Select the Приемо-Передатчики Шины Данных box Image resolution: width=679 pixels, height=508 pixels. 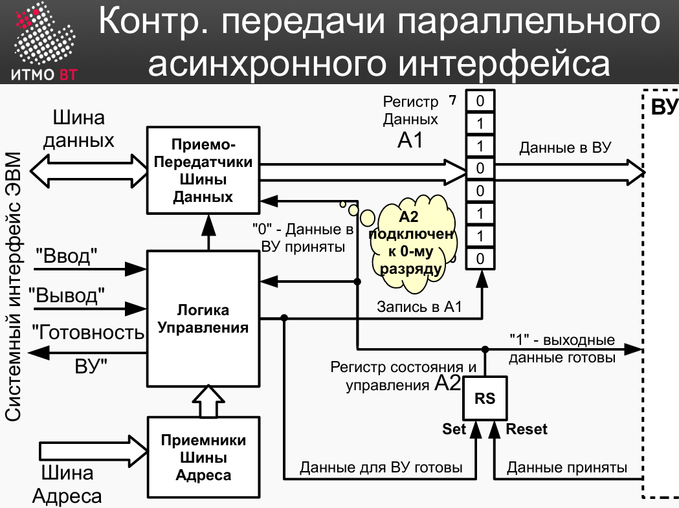[203, 170]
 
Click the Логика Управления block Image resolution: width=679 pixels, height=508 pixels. [203, 318]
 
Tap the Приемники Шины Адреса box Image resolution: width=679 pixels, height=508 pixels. [203, 458]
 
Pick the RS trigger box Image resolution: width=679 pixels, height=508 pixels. [485, 398]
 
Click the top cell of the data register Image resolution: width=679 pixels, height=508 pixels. [480, 101]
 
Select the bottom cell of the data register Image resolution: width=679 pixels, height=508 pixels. [480, 259]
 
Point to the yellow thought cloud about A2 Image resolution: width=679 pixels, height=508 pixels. [412, 243]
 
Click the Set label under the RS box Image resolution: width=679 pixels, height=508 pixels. [453, 429]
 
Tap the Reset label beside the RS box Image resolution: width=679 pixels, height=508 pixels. [527, 429]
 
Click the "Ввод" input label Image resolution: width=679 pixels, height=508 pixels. [66, 256]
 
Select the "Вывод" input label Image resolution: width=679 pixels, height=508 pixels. [67, 295]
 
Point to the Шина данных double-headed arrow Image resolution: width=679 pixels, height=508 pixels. [89, 171]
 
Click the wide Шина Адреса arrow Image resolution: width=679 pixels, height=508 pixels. [94, 451]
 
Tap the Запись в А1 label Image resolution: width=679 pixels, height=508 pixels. [419, 307]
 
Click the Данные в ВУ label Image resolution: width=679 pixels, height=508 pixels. [565, 148]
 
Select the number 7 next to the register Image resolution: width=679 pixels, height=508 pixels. [452, 100]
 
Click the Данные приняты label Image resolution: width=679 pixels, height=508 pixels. [567, 467]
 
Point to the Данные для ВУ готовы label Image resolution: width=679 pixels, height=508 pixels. [381, 467]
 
